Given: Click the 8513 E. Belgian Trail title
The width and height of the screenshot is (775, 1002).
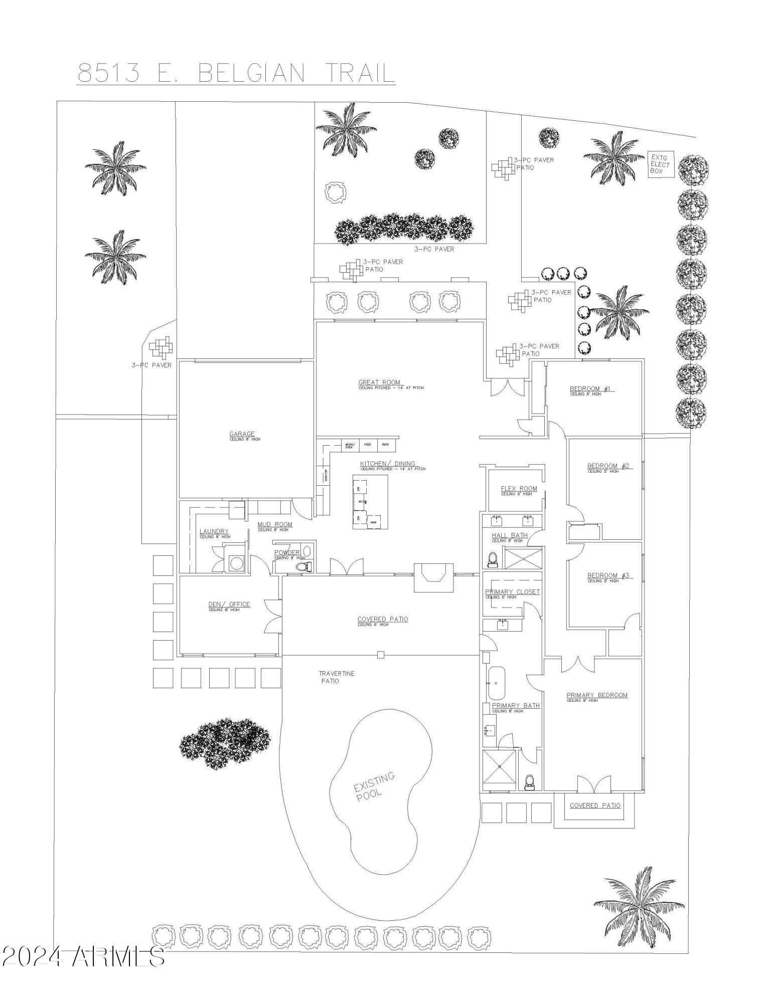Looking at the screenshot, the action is (x=236, y=73).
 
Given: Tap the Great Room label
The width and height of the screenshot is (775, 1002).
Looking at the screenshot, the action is (x=379, y=382).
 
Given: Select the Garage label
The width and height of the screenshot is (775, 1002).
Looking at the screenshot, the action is (x=242, y=434).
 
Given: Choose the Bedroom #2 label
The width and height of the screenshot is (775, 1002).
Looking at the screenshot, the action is (x=608, y=466).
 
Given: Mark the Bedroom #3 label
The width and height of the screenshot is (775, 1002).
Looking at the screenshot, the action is (x=608, y=575).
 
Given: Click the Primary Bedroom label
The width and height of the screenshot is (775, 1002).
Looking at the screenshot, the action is (x=597, y=695).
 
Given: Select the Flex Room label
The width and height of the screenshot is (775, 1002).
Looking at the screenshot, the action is (x=519, y=488).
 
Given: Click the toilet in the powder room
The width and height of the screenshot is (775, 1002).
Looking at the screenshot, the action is (x=303, y=566).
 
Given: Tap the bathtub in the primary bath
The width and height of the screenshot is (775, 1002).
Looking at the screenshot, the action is (x=497, y=683).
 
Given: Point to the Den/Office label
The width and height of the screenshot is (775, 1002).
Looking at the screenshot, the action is (x=229, y=604).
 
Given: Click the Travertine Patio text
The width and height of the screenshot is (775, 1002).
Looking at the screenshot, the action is (x=336, y=677).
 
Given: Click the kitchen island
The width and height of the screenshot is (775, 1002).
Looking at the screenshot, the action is (x=370, y=502).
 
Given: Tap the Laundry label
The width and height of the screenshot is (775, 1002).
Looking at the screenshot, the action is (x=214, y=531).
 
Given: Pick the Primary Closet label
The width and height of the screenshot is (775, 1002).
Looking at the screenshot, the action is (x=512, y=591).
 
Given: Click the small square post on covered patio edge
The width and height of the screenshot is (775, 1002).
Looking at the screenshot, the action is (x=381, y=654).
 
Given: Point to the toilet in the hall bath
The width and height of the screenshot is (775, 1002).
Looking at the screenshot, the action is (x=493, y=559).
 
